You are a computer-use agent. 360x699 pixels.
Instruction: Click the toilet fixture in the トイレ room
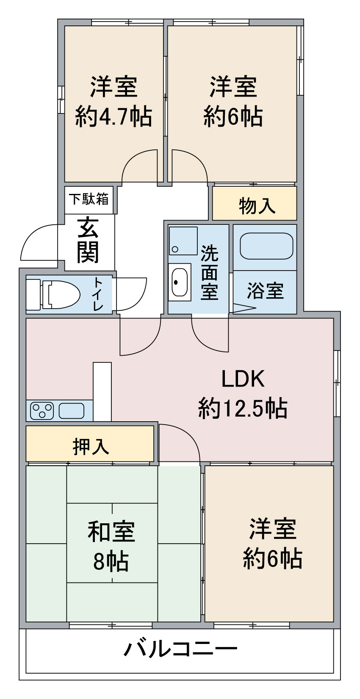point(53,294)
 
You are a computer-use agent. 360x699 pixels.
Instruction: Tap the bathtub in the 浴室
point(266,246)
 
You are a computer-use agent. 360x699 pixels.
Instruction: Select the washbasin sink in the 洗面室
point(180,282)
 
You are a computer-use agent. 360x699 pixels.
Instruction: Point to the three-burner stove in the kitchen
point(42,411)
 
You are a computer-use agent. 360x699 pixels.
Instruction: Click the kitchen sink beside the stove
point(71,411)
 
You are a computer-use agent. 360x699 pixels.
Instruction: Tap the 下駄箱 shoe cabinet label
point(89,199)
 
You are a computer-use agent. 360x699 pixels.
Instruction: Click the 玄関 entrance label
point(88,240)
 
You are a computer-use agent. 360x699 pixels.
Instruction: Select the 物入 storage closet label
point(257,206)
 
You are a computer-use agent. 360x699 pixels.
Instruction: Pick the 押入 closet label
point(91,447)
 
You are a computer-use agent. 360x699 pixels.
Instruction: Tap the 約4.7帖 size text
point(114,117)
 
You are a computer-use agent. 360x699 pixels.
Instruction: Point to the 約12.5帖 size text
point(243,408)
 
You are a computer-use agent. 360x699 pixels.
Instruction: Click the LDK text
point(243,379)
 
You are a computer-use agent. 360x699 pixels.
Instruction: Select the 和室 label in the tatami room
point(111,531)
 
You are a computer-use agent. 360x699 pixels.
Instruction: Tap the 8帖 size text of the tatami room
point(111,561)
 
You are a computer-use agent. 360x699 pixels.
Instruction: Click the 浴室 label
point(266,291)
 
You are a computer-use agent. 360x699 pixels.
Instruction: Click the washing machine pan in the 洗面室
point(183,240)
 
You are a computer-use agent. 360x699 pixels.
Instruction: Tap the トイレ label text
point(98,294)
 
